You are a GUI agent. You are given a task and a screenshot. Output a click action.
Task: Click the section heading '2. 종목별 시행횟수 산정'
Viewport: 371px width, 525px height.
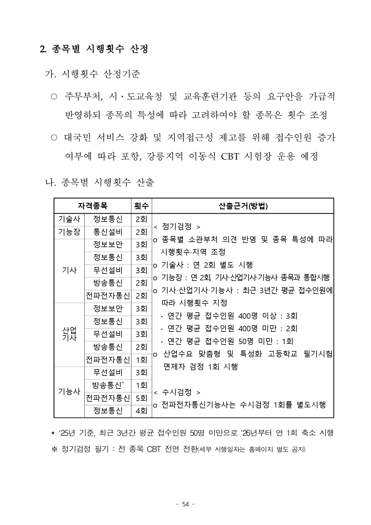94,49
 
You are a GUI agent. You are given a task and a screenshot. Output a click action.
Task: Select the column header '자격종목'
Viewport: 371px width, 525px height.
92,206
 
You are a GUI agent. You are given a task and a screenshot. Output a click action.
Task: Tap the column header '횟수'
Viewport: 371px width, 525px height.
141,206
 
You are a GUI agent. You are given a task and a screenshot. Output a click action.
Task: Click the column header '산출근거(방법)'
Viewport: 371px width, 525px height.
243,206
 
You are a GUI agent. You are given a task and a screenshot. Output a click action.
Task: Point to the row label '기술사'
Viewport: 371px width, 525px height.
69,219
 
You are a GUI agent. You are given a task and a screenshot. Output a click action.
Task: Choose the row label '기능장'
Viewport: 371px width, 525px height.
69,232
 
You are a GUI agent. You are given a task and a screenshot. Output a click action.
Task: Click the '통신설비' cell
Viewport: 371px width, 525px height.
108,232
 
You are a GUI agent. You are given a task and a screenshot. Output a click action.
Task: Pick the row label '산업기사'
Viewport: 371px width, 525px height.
69,334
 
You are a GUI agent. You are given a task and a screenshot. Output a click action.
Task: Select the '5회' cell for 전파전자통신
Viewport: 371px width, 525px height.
141,398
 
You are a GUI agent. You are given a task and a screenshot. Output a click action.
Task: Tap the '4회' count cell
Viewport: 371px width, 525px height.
141,411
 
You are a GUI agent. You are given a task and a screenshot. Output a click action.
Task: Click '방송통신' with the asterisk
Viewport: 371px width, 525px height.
108,385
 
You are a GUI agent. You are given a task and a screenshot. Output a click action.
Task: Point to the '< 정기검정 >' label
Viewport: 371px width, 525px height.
177,227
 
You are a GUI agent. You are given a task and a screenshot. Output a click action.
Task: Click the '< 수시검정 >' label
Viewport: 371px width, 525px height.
177,392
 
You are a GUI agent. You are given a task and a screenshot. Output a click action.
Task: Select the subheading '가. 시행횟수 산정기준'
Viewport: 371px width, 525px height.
92,74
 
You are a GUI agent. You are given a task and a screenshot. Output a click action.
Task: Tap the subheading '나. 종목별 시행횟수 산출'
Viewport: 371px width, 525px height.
99,182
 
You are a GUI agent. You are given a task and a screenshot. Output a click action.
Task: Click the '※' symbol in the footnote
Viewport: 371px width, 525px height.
54,449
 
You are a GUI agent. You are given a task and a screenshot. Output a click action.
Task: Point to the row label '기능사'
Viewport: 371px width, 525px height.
69,392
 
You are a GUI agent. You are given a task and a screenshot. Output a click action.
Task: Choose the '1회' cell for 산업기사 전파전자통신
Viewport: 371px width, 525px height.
141,360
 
